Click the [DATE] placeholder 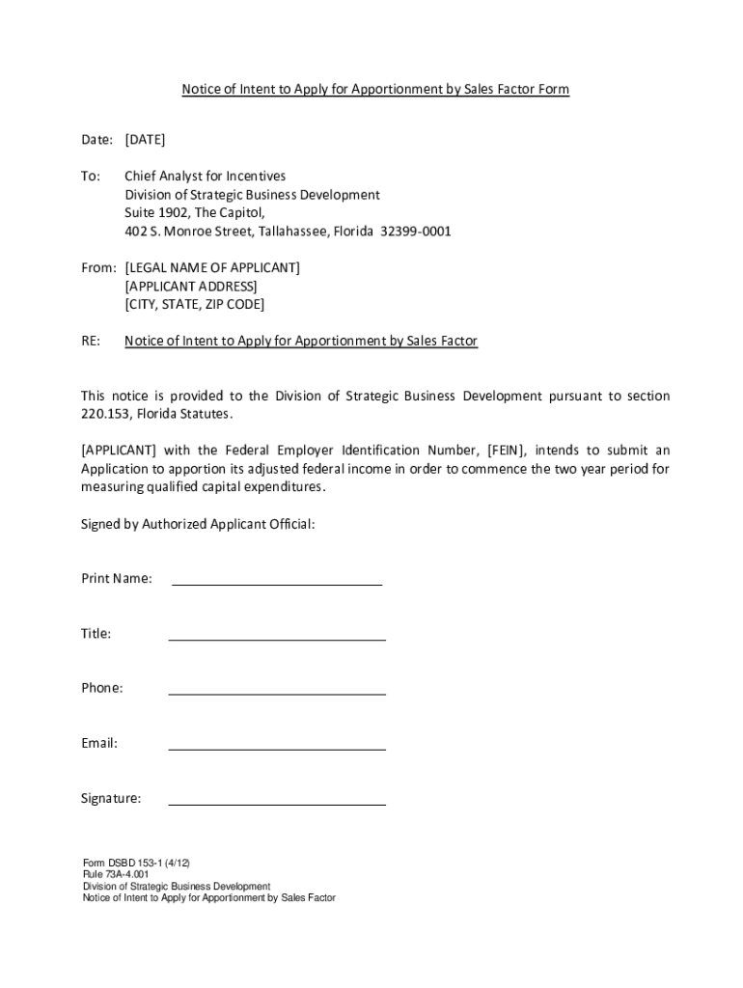pos(145,140)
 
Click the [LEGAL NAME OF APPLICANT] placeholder pos(212,267)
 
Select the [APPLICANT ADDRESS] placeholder pos(191,286)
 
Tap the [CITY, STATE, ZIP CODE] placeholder pos(194,304)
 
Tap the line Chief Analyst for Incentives pos(206,177)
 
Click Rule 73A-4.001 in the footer pos(116,874)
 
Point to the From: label pos(98,267)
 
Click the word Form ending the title pos(553,90)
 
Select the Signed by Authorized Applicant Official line pos(198,524)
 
